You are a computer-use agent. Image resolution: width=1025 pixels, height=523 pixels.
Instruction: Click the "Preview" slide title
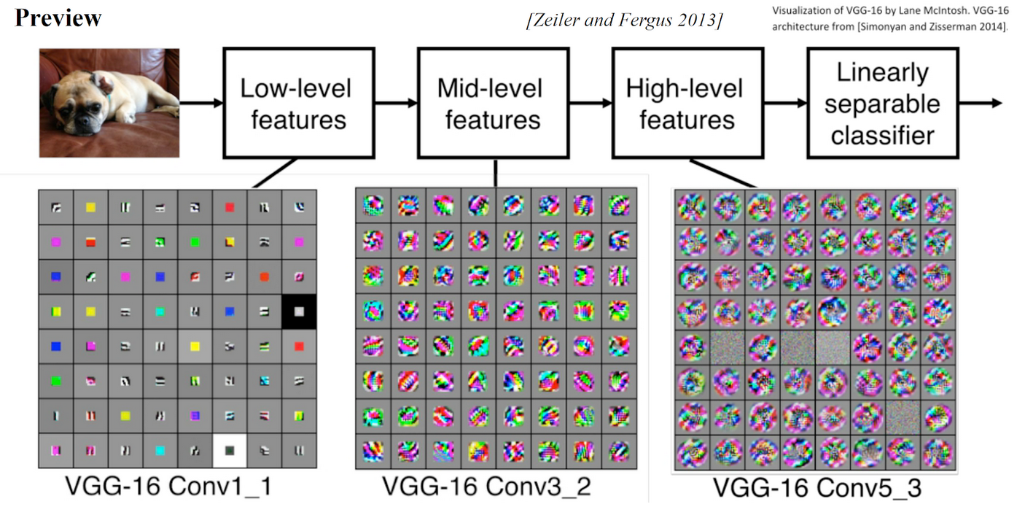point(58,18)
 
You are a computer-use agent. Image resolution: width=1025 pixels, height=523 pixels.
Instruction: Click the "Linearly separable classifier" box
point(882,104)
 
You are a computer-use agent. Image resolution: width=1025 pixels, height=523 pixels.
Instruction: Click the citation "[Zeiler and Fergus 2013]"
point(624,20)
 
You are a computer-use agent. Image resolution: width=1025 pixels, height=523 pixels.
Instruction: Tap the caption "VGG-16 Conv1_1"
point(168,486)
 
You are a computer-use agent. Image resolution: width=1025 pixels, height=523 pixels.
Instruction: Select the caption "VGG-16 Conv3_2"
point(488,486)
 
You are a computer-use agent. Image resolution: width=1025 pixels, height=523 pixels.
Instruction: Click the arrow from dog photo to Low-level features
point(201,104)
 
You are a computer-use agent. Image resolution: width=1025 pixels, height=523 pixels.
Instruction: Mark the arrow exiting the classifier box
point(981,103)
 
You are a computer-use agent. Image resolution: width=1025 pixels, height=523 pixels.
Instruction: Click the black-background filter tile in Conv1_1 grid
point(299,311)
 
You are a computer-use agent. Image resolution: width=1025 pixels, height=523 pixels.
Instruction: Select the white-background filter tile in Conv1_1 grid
point(230,450)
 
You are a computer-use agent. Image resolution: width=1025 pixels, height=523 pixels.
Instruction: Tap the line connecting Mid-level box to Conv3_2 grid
point(495,172)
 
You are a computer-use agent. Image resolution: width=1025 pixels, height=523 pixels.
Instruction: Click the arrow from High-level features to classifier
point(785,104)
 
